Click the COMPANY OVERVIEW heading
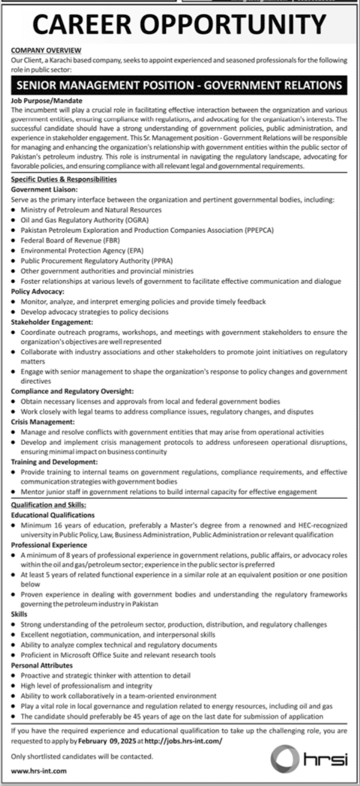46,51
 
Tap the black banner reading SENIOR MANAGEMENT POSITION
180,85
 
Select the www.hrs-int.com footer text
39,771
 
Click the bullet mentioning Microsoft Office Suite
118,655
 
